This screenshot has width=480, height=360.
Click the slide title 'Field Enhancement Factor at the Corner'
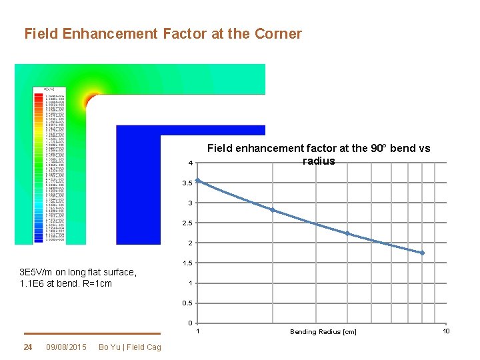163,33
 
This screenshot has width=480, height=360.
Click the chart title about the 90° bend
319,155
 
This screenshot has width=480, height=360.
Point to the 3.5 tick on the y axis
189,183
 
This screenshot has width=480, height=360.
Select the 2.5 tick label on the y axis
189,223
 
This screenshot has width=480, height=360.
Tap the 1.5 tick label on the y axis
189,263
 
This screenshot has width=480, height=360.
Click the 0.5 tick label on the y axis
189,303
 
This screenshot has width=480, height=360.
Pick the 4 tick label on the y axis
191,163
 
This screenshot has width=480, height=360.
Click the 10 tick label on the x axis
446,331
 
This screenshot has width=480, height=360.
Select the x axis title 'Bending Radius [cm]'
323,331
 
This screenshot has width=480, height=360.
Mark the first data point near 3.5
198,181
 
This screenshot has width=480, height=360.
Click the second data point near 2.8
272,210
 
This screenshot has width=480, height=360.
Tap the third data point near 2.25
347,233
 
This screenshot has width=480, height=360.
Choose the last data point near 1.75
422,253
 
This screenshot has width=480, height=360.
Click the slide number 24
28,347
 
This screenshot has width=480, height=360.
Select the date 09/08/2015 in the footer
66,347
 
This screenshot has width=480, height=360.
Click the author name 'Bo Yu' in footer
106,347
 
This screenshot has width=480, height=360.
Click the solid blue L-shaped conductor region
139,187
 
